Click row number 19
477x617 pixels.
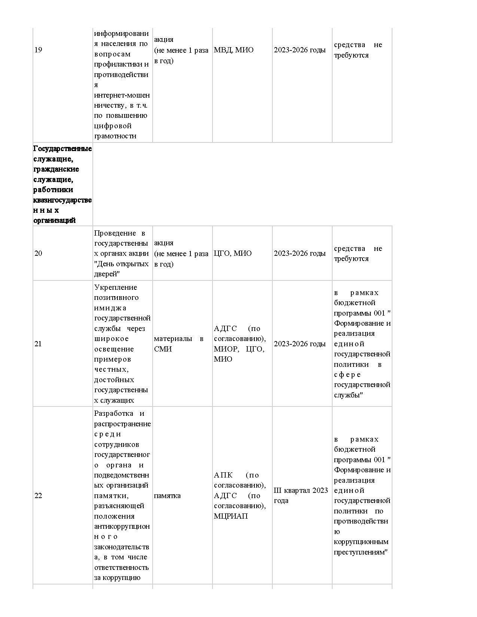tap(38, 50)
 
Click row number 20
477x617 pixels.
tap(38, 254)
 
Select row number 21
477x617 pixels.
tap(38, 344)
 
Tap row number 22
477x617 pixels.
tap(38, 496)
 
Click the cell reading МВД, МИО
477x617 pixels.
tap(233, 50)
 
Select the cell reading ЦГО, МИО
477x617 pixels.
tap(233, 254)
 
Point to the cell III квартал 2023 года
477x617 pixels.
tap(301, 495)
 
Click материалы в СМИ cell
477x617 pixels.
tap(179, 344)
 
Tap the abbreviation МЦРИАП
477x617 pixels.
tap(231, 516)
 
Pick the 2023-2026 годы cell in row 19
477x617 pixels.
tap(300, 50)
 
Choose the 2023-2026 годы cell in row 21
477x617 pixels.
tap(300, 344)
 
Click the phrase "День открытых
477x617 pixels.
tap(122, 264)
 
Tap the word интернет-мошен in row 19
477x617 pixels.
tap(122, 95)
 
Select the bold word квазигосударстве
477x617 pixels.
tap(62, 200)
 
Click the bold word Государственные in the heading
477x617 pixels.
tap(62, 149)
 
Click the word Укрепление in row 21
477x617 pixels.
tap(116, 288)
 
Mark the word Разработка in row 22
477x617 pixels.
tap(114, 414)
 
